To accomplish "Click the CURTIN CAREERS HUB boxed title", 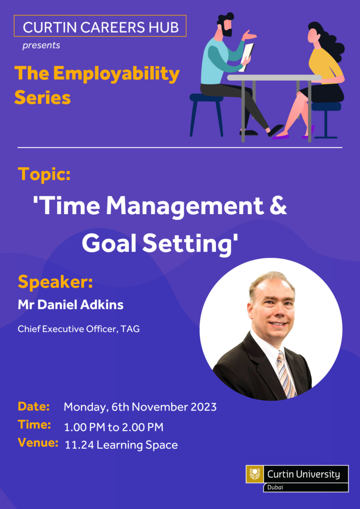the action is coord(100,26).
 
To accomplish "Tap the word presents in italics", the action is coord(41,45).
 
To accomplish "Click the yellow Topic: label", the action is coord(44,174).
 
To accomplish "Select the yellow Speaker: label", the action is coord(55,281).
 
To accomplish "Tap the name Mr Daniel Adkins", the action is coord(71,305).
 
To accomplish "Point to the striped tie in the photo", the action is coord(286,373).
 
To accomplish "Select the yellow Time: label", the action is coord(34,424).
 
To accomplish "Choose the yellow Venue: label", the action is coord(38,443).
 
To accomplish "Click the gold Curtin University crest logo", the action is coord(255,474).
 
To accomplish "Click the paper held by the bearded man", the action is coord(247,57).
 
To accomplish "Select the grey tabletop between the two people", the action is coord(274,77).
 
